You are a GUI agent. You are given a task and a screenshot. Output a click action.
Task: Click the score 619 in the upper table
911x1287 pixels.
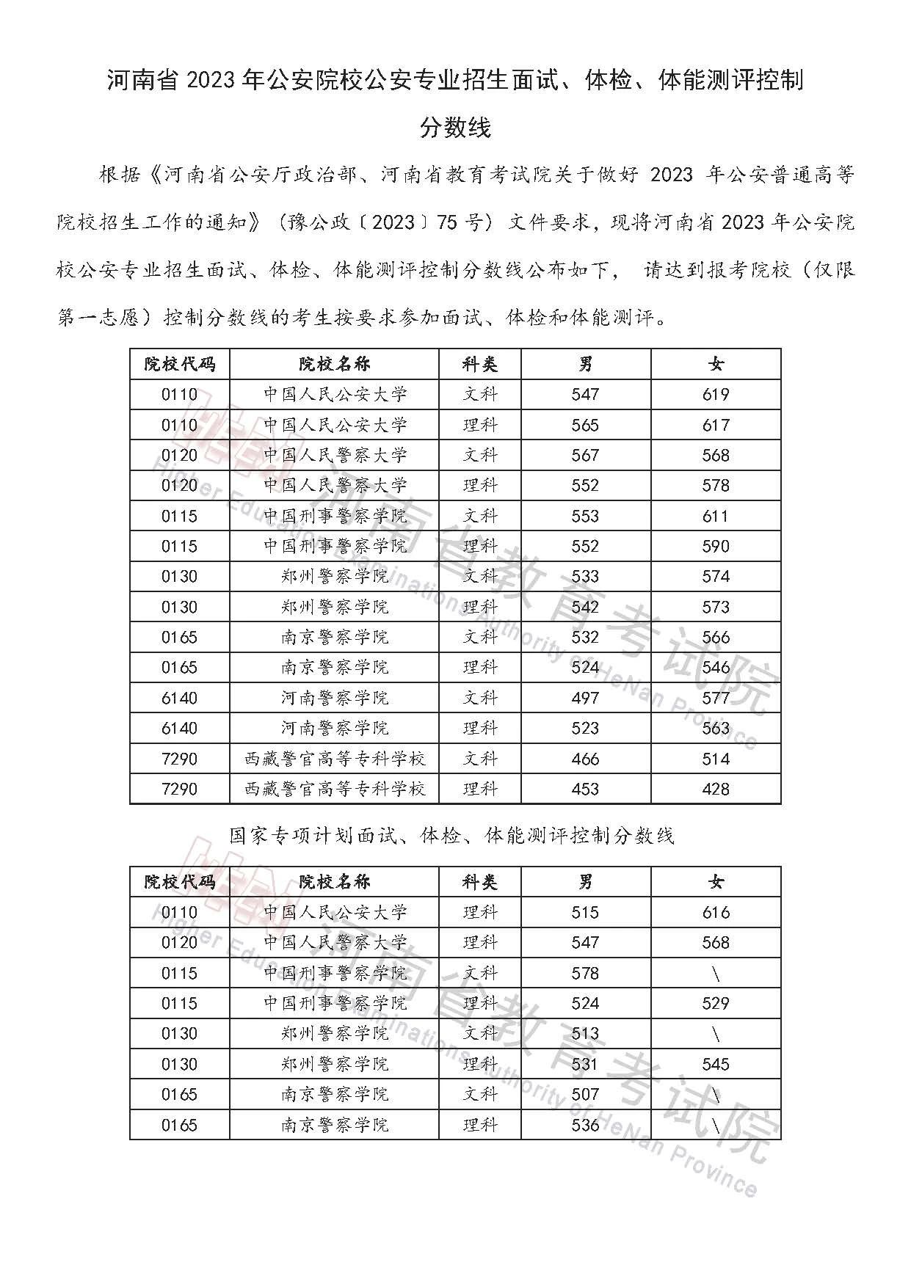coord(715,395)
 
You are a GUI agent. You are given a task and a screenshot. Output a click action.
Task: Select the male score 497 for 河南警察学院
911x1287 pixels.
coord(585,698)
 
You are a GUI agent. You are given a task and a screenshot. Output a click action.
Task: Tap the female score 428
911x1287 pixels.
coord(715,789)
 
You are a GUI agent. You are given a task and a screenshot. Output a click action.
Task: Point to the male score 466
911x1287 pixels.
coord(585,759)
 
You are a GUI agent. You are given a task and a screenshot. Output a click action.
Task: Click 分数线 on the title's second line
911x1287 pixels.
coord(455,128)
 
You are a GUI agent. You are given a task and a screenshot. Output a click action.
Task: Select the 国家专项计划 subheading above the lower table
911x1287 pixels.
coord(451,835)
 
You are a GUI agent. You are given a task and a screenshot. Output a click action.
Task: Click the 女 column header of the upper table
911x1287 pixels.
coord(716,364)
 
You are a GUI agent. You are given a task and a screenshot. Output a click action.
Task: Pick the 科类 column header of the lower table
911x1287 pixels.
coord(480,882)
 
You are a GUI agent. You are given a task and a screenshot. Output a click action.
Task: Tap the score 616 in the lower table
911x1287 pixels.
coord(715,912)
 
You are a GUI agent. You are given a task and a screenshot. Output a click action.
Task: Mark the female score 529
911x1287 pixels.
coord(715,1003)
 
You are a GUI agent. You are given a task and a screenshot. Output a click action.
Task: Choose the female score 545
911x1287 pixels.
coord(715,1064)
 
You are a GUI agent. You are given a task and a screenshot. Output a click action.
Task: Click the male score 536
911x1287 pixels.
coord(585,1125)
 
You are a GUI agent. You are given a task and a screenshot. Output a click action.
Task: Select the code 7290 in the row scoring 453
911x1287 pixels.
coord(179,789)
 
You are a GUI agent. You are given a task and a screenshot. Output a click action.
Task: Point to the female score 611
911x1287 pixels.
coord(715,516)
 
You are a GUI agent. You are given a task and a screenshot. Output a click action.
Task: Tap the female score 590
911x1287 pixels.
coord(715,546)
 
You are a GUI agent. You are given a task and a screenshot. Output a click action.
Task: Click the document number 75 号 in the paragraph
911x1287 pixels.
coord(460,222)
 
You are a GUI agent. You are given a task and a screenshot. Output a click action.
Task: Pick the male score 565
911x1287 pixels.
coord(585,425)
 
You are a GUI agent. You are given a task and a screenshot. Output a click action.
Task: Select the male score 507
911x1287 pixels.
coord(585,1094)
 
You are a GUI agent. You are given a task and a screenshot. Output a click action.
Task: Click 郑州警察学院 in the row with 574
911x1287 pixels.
coord(334,577)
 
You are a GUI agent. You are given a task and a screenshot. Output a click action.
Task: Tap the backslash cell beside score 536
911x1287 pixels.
coord(716,1125)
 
